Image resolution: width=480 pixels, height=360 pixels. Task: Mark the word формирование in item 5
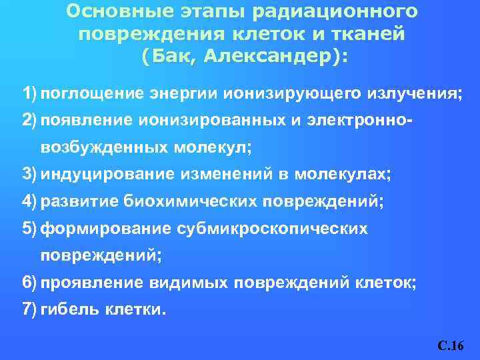point(106,229)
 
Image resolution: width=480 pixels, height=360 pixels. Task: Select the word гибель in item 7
point(66,309)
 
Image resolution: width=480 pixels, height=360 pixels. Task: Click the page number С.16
point(451,346)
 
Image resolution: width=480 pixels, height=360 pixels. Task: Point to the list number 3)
point(29,175)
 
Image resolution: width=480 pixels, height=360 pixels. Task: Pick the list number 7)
point(29,309)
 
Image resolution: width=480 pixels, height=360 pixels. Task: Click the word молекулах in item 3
point(347,175)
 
